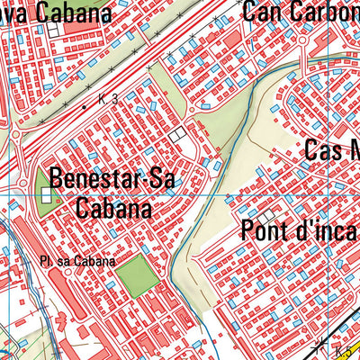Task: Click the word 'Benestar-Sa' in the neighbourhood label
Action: (x=113, y=178)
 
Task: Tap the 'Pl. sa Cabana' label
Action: (x=77, y=262)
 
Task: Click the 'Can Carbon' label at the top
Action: (x=301, y=13)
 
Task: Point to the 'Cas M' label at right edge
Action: (x=331, y=150)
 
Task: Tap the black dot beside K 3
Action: (x=85, y=107)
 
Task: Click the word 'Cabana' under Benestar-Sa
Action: (x=113, y=208)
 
